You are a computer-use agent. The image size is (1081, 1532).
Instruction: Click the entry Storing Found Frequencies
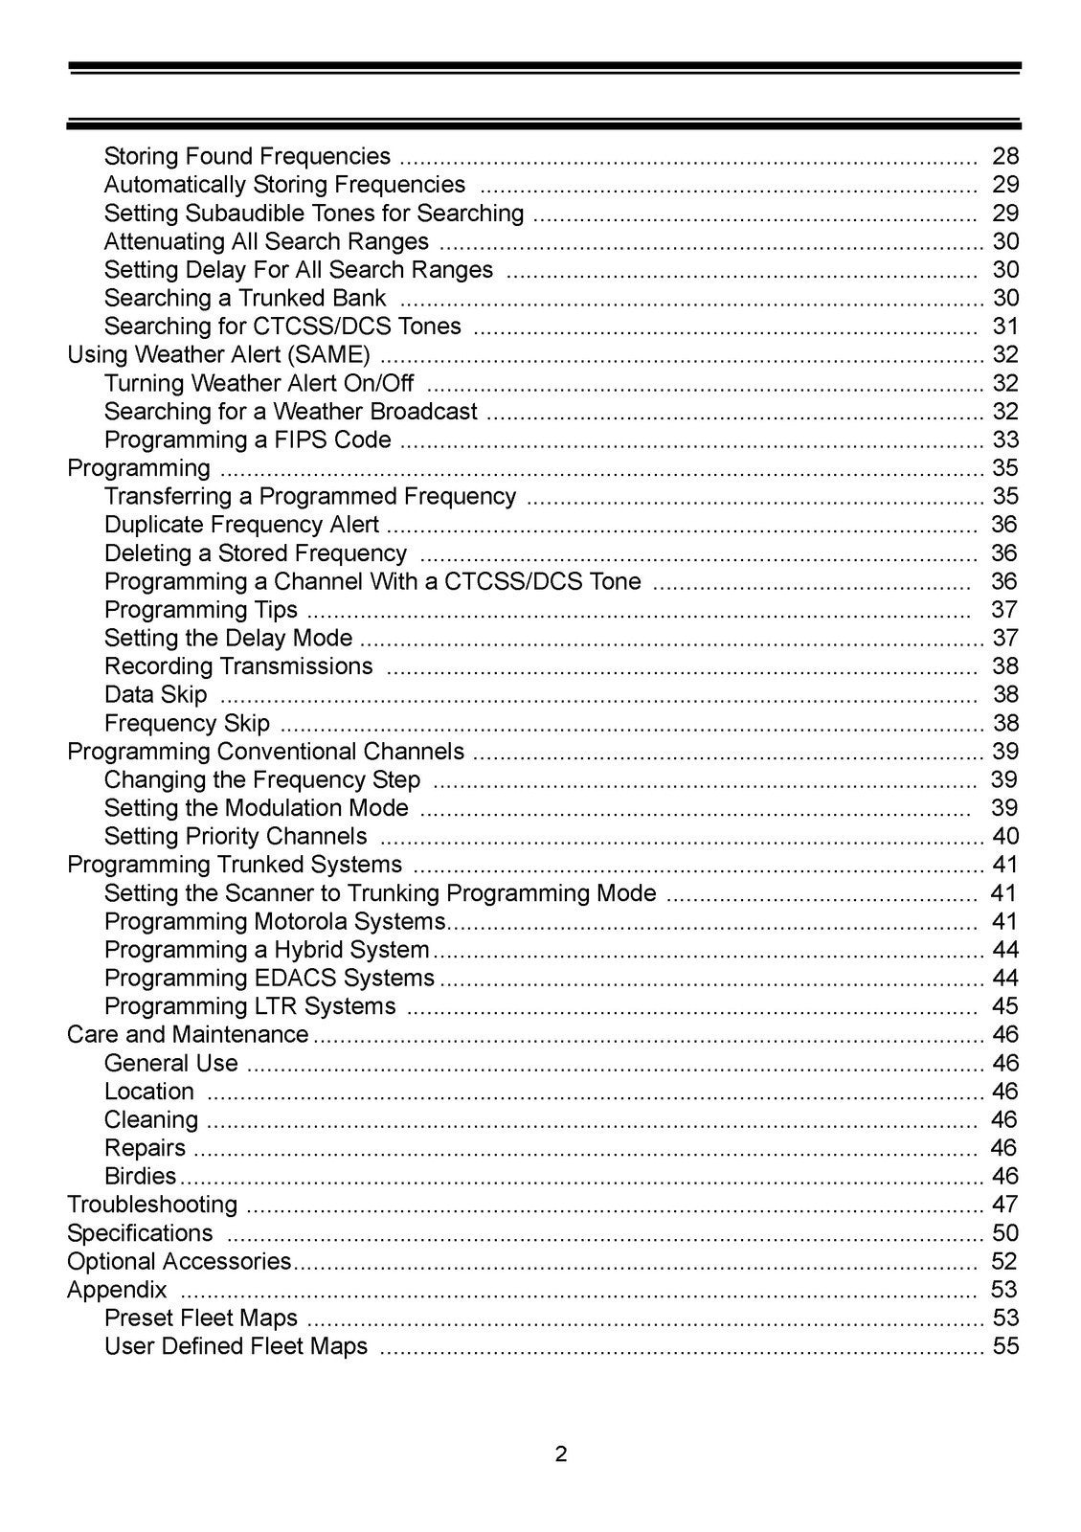[x=247, y=156]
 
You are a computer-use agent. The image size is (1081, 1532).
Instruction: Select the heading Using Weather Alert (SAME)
[x=218, y=354]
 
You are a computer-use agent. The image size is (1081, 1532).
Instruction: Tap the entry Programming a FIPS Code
[x=247, y=439]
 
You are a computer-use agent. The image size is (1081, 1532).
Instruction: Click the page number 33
[x=1005, y=439]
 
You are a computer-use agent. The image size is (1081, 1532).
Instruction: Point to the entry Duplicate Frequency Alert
[x=241, y=525]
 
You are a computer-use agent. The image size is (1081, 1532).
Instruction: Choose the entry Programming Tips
[x=201, y=610]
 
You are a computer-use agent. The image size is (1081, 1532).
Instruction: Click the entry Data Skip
[x=155, y=694]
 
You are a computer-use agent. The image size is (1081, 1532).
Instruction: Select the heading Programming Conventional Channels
[x=265, y=752]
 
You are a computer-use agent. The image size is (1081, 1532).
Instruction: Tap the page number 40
[x=1005, y=836]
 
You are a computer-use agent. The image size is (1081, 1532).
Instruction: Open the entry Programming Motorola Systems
[x=275, y=921]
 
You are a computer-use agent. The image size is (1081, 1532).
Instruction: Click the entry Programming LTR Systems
[x=250, y=1006]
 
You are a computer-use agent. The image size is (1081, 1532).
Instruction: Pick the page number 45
[x=1005, y=1006]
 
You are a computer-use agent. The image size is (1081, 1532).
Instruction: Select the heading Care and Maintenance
[x=188, y=1035]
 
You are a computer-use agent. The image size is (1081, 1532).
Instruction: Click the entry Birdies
[x=141, y=1176]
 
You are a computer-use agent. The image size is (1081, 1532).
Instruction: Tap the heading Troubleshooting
[x=152, y=1205]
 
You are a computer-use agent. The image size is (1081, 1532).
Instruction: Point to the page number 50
[x=1005, y=1233]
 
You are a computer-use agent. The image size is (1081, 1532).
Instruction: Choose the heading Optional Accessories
[x=179, y=1261]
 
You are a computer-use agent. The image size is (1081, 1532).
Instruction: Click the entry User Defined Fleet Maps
[x=236, y=1346]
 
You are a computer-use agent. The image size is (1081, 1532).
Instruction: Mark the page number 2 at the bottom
[x=561, y=1454]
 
